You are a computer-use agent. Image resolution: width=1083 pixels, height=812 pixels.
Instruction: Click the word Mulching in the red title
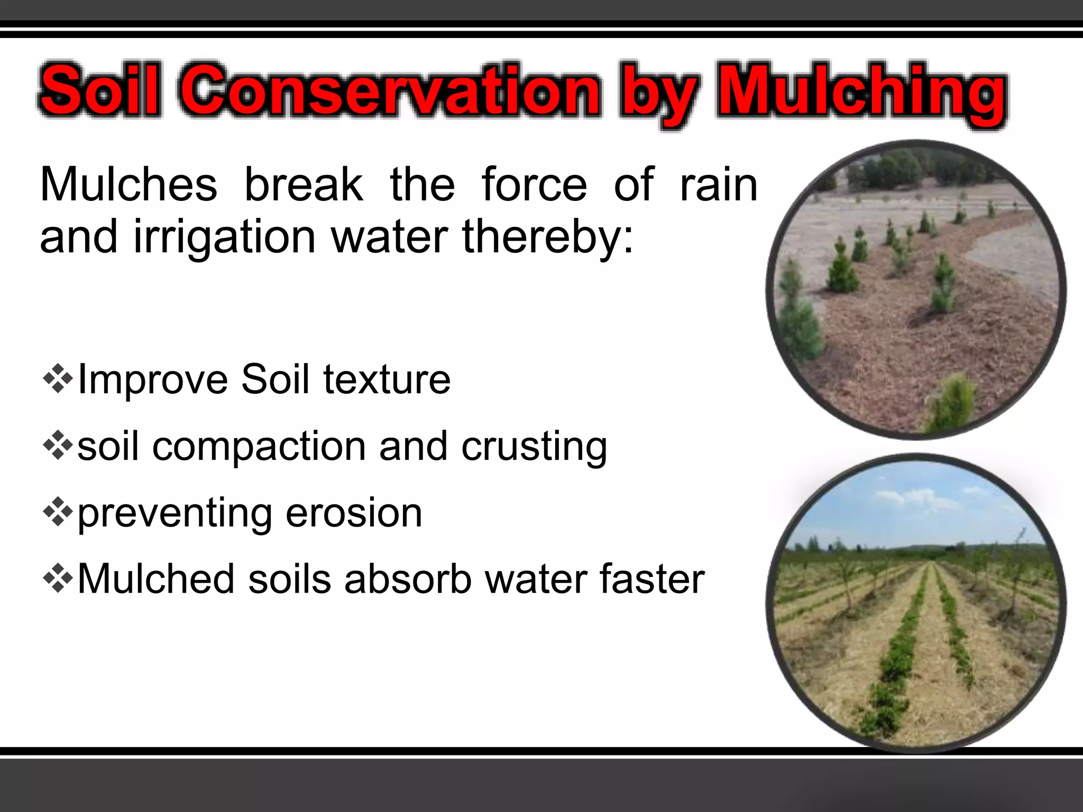(x=862, y=91)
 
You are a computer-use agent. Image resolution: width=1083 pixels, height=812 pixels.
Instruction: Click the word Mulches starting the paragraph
(x=129, y=184)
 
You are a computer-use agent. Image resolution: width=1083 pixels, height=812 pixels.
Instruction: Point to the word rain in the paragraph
(x=719, y=184)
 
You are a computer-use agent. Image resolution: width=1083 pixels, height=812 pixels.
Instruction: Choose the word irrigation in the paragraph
(x=224, y=236)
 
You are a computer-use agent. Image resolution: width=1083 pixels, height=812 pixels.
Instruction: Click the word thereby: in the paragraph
(x=547, y=236)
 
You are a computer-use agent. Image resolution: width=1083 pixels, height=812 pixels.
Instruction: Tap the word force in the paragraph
(x=534, y=184)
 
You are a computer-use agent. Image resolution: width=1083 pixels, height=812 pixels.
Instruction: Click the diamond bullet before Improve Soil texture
(x=58, y=379)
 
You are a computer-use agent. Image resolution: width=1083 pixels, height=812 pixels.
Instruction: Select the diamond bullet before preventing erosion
(x=58, y=512)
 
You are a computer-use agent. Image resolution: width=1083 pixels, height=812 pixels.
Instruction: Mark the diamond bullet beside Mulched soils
(x=58, y=578)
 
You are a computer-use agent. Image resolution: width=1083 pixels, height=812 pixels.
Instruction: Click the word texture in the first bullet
(x=387, y=380)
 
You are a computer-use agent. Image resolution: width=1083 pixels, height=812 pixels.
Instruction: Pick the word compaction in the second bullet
(x=259, y=447)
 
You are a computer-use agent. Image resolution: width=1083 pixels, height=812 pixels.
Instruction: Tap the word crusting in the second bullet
(x=534, y=447)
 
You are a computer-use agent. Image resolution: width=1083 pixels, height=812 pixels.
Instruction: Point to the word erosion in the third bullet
(x=354, y=513)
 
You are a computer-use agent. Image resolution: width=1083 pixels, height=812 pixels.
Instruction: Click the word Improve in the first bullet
(x=153, y=380)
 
